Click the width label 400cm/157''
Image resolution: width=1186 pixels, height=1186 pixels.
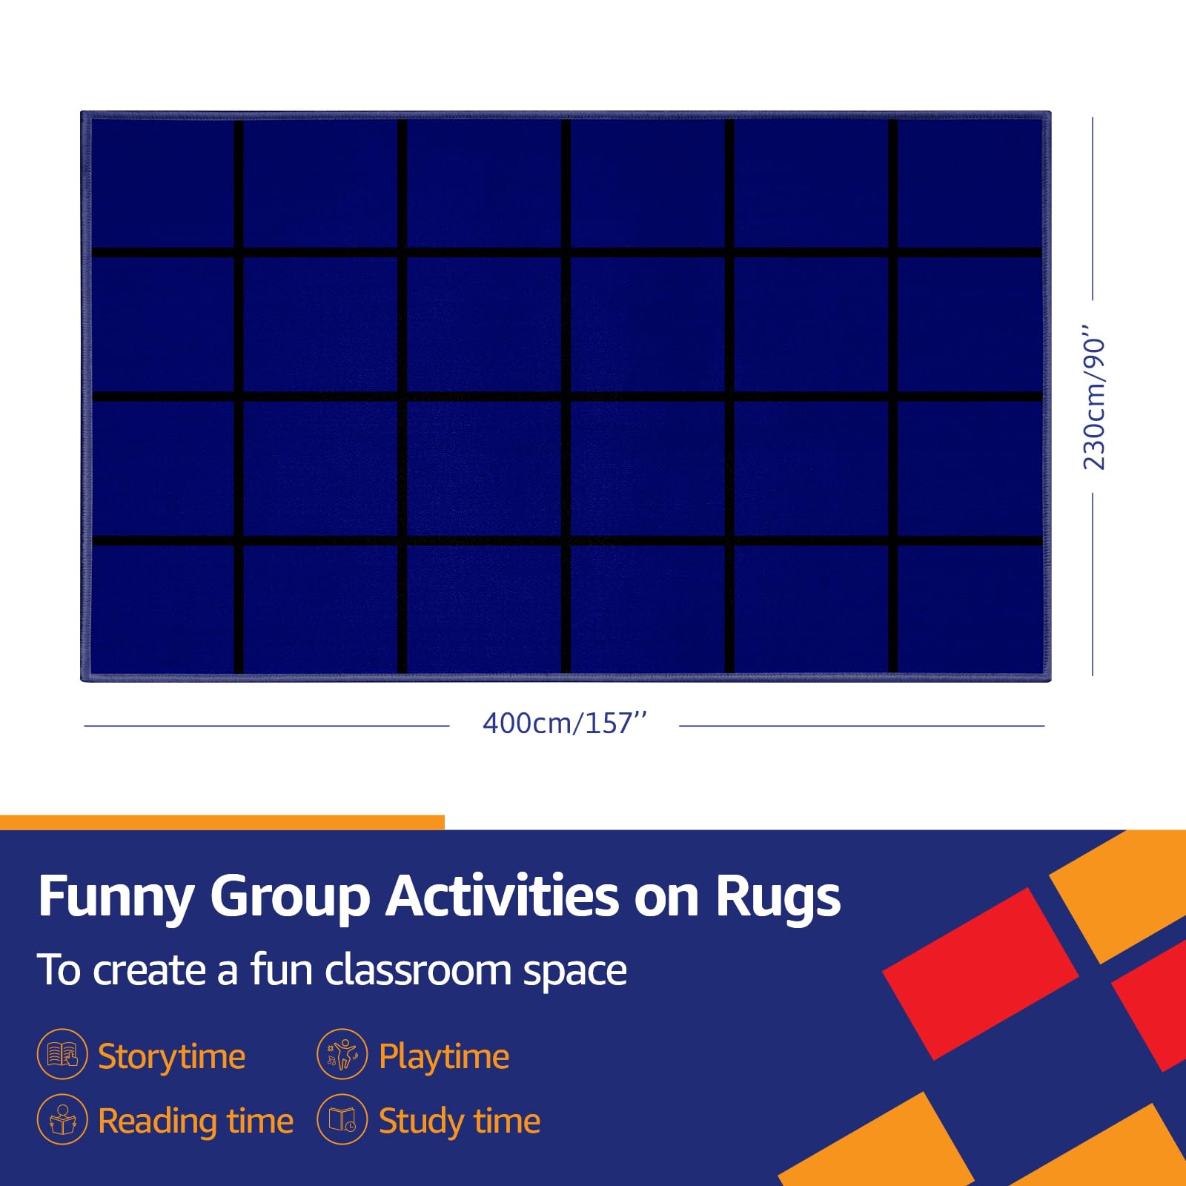[565, 723]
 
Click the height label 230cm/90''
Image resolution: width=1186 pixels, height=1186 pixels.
[1094, 397]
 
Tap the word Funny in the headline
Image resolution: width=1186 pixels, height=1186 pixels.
[116, 897]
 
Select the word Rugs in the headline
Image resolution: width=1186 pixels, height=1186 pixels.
[778, 897]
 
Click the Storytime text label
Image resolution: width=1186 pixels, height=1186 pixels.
[171, 1056]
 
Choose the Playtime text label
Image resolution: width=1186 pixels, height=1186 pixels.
[443, 1056]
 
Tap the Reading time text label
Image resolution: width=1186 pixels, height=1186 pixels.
[196, 1121]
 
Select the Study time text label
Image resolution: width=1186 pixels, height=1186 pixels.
[459, 1121]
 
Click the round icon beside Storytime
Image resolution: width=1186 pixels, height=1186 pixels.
[62, 1054]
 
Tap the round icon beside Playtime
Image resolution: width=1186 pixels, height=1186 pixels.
[342, 1054]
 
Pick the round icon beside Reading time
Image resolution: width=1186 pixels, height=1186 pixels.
[62, 1119]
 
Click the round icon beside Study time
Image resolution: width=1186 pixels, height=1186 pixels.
[342, 1119]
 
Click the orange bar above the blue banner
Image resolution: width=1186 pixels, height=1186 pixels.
[222, 822]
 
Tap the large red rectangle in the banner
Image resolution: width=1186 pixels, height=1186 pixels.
[980, 973]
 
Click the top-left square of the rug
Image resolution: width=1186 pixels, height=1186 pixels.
[163, 184]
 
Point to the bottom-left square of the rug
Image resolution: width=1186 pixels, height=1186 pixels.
[163, 609]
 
